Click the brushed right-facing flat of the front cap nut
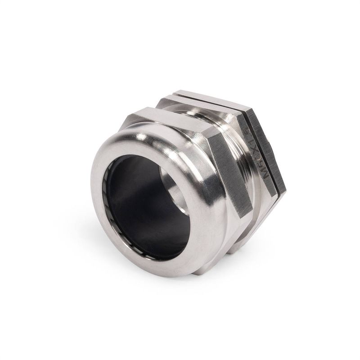tap(225, 171)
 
